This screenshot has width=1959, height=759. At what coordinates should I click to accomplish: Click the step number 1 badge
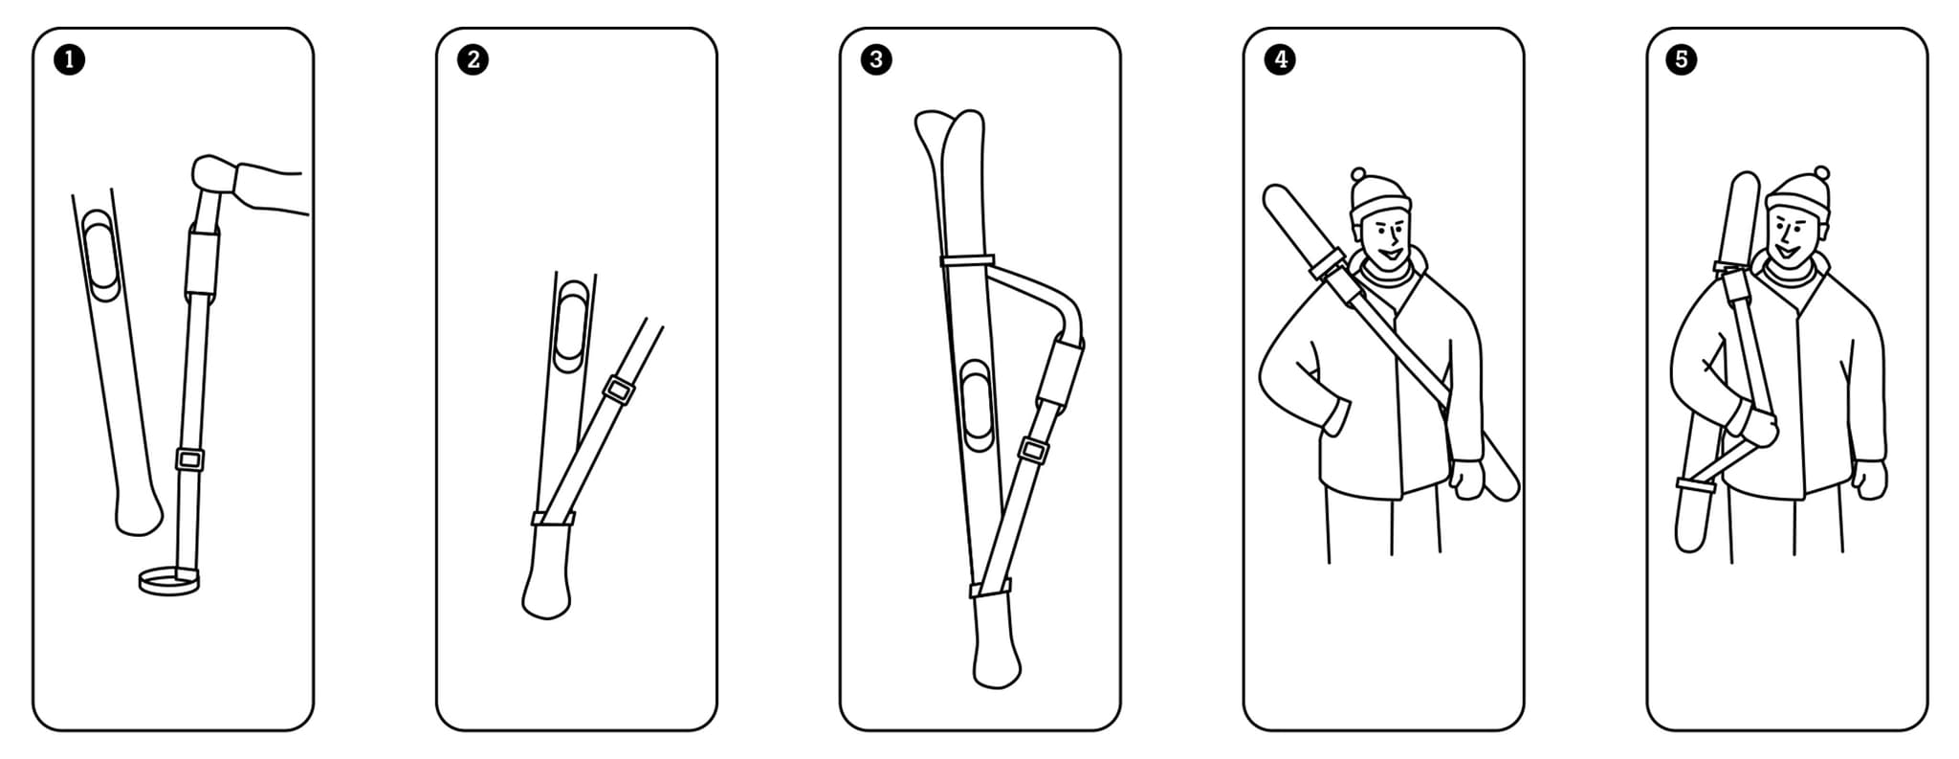[69, 60]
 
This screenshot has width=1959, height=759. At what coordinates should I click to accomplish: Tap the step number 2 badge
[473, 60]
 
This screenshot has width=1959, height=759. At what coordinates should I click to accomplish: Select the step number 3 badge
[876, 60]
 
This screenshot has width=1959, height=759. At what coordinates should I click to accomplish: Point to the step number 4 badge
[1280, 60]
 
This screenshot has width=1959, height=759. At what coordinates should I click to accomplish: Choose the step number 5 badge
[1683, 60]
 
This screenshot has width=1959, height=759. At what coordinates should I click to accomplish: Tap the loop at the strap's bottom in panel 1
[168, 580]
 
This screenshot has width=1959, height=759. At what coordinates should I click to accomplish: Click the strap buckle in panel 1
[189, 460]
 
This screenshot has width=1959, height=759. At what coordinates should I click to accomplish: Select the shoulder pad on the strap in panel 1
[202, 260]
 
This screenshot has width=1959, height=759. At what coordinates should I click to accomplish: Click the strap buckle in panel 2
[618, 391]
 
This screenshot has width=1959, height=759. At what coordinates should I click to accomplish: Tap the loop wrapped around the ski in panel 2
[554, 519]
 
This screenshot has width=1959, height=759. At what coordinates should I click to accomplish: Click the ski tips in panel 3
[950, 139]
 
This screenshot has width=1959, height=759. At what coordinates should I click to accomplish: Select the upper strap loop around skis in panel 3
[967, 260]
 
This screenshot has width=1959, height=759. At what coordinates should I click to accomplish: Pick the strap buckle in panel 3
[1033, 450]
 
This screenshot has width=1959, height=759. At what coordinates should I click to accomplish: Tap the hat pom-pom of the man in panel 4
[1359, 175]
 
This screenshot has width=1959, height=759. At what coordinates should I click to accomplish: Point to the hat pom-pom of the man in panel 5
[1821, 173]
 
